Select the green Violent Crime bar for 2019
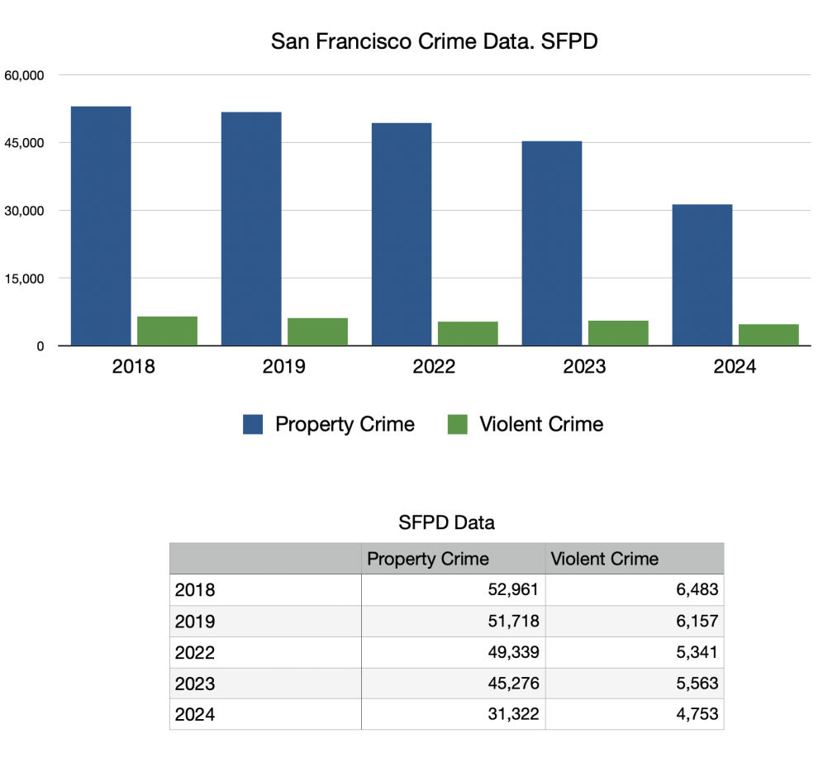317,331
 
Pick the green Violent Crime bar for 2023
618,332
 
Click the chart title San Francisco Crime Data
434,42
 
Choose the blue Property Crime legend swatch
253,425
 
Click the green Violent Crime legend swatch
457,425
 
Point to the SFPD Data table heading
446,522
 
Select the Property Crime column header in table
428,559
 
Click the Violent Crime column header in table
604,559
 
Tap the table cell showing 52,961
512,590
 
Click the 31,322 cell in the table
512,714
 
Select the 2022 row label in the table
195,653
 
